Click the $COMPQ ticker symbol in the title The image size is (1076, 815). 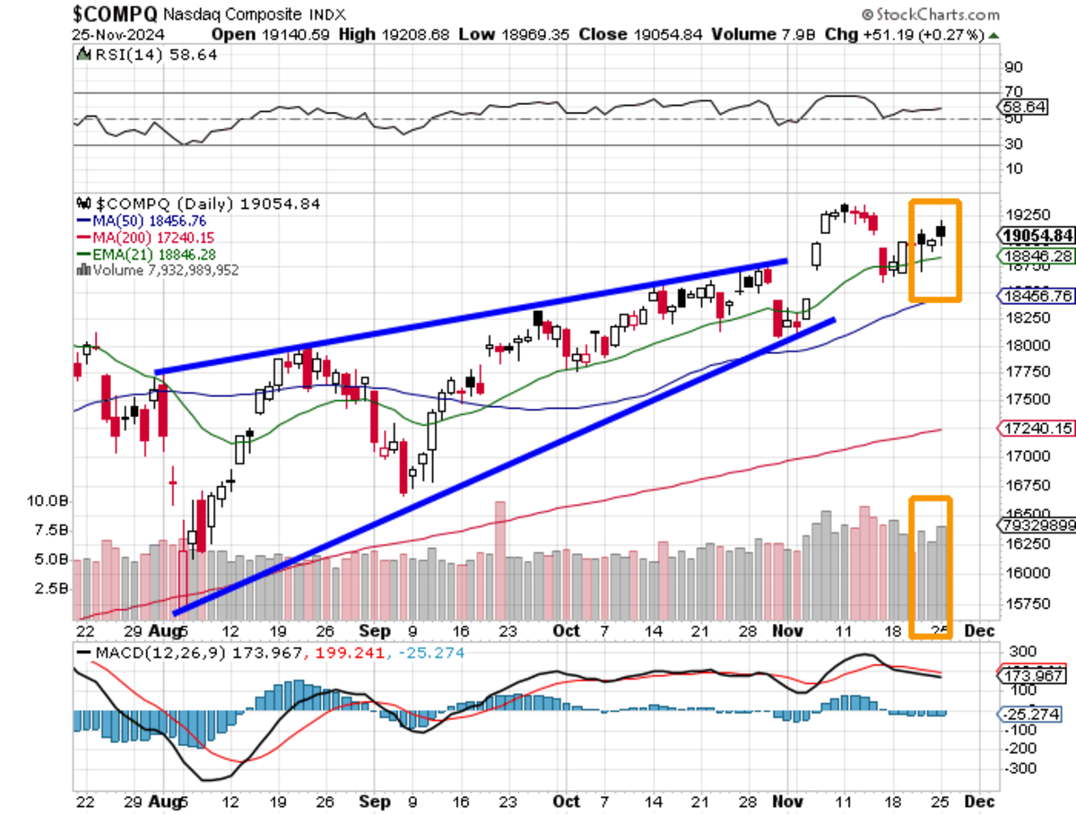115,14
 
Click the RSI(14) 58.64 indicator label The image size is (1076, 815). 148,55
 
